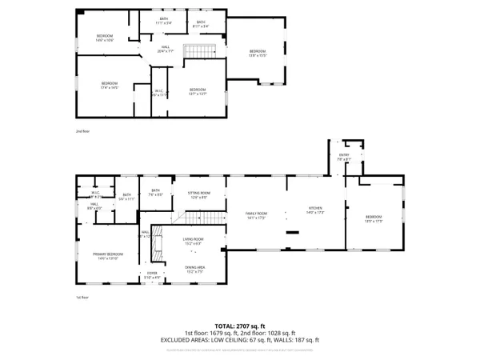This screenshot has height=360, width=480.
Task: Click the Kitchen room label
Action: tap(315, 211)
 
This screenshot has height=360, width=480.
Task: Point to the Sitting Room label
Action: tap(198, 194)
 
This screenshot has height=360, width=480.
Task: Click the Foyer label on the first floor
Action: tap(152, 275)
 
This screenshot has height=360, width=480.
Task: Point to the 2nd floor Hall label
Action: tap(166, 49)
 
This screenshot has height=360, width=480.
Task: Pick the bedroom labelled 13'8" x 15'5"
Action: tap(257, 53)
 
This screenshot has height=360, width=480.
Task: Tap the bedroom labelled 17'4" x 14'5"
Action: tap(110, 86)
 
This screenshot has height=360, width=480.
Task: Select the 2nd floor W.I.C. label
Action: tap(160, 92)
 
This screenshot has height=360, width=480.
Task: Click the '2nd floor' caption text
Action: tap(83, 130)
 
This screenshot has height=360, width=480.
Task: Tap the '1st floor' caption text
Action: tap(82, 298)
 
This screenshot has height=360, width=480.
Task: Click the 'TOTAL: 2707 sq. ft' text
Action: tap(240, 326)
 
